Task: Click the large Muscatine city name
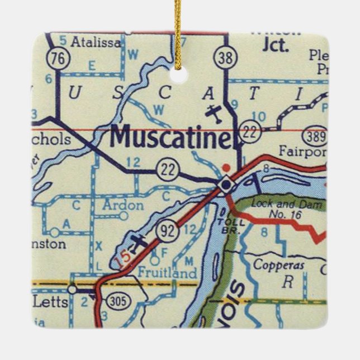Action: pyautogui.click(x=170, y=137)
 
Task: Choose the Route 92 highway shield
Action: pyautogui.click(x=167, y=230)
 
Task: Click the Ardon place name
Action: pyautogui.click(x=123, y=205)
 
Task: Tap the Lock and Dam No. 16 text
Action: pyautogui.click(x=287, y=209)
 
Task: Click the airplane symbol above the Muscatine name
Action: pyautogui.click(x=214, y=112)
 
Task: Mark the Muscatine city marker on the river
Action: pyautogui.click(x=225, y=183)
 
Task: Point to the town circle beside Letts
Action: pyautogui.click(x=72, y=289)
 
